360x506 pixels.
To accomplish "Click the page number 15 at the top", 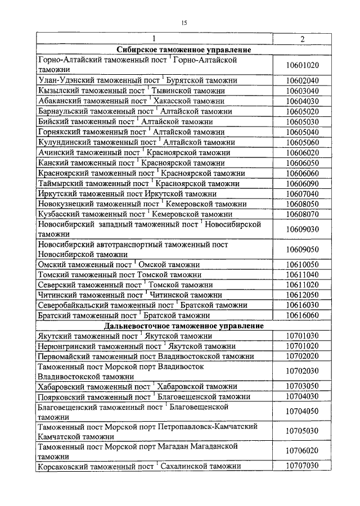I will (183, 22).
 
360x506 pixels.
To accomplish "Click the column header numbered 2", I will (302, 39).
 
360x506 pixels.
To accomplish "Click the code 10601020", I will (302, 65).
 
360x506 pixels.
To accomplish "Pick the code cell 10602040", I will (302, 80).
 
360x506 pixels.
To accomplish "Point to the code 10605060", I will (302, 142).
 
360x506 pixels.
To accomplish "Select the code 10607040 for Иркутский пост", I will (302, 193).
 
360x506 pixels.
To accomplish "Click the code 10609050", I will (302, 249).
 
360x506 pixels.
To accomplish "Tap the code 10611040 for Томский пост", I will (302, 274).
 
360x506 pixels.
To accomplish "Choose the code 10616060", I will (302, 315).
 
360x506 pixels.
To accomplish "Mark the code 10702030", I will (302, 371).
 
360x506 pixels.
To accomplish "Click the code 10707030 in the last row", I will (302, 466).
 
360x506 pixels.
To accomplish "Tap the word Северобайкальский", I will (74, 305).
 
